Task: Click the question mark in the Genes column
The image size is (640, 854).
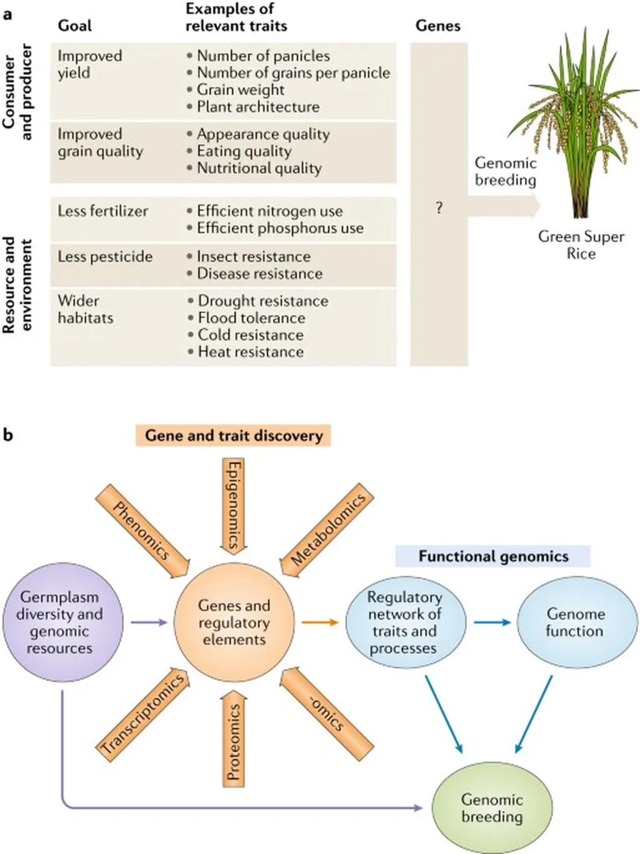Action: click(x=439, y=208)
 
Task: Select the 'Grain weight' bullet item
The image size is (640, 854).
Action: click(x=241, y=90)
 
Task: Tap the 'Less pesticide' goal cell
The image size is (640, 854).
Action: click(x=105, y=257)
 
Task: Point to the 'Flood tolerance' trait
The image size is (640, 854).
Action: click(x=251, y=318)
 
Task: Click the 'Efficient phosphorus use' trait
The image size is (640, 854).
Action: click(x=279, y=228)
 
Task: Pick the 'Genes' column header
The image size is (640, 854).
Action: click(x=437, y=26)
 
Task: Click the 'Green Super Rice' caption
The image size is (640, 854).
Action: click(x=581, y=245)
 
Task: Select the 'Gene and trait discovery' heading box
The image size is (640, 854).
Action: click(x=233, y=435)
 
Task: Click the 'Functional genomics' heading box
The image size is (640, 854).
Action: click(x=493, y=556)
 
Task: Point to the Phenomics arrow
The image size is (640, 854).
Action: click(x=142, y=532)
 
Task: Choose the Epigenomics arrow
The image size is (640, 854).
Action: click(x=233, y=505)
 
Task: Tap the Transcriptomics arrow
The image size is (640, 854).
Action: click(x=143, y=714)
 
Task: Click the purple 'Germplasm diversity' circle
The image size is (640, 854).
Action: click(x=59, y=622)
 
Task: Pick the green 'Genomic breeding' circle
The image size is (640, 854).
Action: click(x=492, y=808)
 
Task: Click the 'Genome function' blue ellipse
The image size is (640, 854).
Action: click(x=574, y=622)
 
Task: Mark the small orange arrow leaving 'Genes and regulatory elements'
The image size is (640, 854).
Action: click(x=319, y=622)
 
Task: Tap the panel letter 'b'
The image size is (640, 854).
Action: click(x=7, y=434)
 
